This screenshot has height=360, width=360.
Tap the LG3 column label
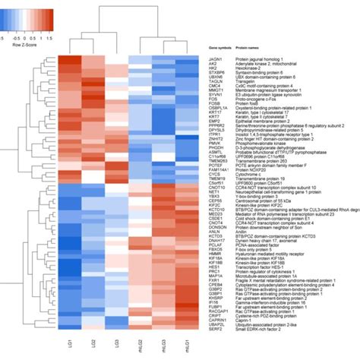point(116,346)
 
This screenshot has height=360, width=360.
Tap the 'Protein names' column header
point(246,47)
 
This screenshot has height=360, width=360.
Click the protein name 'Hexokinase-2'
point(247,70)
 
